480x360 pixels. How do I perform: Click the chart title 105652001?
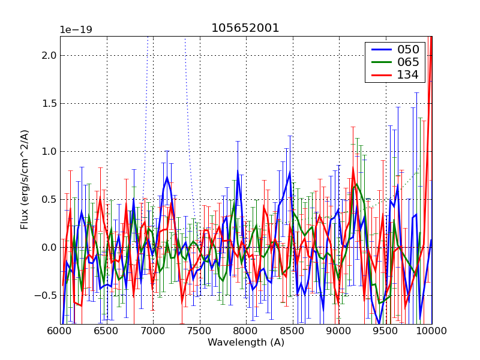click(245, 28)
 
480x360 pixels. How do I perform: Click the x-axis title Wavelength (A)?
click(246, 343)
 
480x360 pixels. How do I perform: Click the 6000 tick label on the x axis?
click(60, 330)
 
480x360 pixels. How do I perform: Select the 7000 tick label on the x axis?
click(153, 330)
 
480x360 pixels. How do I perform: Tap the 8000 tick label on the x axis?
click(246, 330)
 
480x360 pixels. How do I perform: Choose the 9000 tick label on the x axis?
click(339, 330)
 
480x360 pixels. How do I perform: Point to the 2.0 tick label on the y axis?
click(49, 55)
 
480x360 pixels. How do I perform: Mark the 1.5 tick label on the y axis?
click(49, 103)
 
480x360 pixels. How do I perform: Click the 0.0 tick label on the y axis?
click(49, 247)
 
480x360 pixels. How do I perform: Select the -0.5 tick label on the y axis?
click(46, 295)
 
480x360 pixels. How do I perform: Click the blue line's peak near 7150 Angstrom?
click(167, 177)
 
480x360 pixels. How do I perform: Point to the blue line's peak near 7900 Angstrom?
click(238, 170)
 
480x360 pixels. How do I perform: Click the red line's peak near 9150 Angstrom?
click(353, 169)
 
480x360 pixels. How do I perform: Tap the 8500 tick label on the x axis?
click(292, 330)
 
